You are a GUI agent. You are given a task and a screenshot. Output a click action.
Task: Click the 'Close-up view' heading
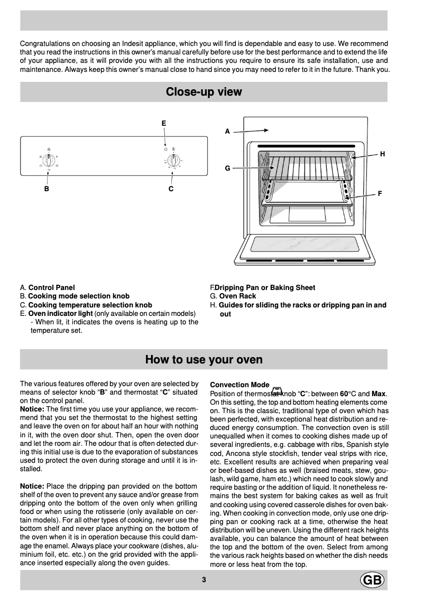[204, 92]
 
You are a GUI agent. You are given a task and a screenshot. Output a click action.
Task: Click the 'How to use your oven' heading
[204, 360]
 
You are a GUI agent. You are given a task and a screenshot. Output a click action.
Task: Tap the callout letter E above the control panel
[164, 123]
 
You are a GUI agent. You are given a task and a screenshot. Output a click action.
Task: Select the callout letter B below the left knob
[47, 189]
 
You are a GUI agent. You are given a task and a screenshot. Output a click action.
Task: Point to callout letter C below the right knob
[171, 189]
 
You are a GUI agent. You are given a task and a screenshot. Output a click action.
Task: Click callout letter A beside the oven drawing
[227, 132]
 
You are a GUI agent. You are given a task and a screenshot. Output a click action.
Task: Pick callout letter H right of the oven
[382, 154]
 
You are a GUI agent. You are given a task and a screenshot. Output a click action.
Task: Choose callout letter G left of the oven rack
[227, 168]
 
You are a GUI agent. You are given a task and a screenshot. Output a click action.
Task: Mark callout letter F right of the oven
[380, 194]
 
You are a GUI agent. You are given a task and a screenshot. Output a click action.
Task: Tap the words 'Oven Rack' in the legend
[237, 296]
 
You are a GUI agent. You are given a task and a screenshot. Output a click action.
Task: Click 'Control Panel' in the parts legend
[51, 287]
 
